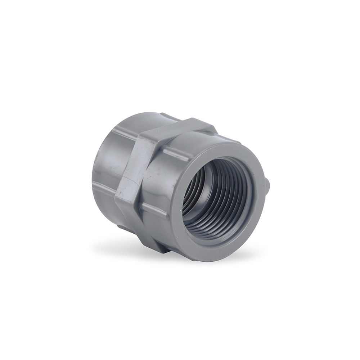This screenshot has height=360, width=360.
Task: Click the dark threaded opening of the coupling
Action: point(212,194)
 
